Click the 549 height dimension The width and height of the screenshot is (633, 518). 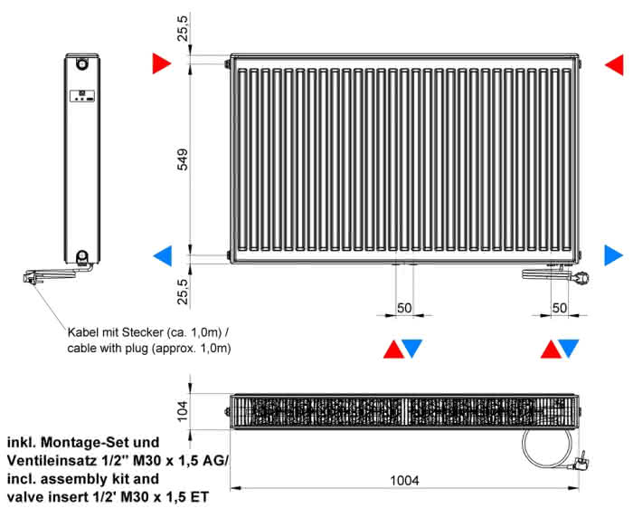tap(183, 159)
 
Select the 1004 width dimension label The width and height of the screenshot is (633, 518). tap(404, 480)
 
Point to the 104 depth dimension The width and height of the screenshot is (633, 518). tap(183, 410)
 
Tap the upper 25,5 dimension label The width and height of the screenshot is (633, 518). tap(183, 28)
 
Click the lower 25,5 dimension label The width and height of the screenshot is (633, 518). tap(183, 292)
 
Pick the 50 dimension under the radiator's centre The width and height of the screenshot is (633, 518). tap(404, 308)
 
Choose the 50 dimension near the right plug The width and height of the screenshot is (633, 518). tap(559, 308)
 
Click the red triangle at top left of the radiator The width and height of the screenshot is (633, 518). tap(162, 63)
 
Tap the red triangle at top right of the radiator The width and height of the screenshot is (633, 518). tap(614, 64)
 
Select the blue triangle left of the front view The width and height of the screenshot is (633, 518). tap(163, 256)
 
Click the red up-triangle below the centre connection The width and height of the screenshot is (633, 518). tap(393, 350)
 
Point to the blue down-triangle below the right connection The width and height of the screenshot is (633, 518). tap(569, 349)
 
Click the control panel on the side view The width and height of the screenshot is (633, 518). tap(82, 95)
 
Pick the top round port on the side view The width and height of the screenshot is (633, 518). tap(82, 63)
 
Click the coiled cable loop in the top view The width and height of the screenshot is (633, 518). tap(547, 448)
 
